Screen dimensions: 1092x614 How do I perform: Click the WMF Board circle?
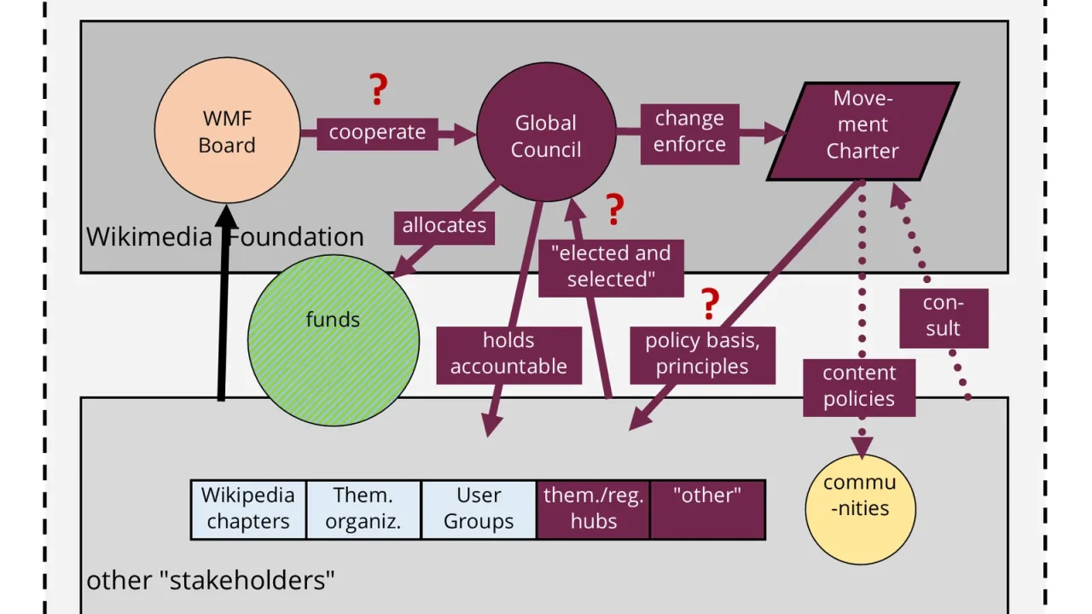pos(227,130)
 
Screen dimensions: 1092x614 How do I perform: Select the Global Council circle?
pos(546,131)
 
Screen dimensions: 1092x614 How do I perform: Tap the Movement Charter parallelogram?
pos(863,131)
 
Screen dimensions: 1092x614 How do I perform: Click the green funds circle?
pos(334,340)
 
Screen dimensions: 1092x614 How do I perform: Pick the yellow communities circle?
pos(861,509)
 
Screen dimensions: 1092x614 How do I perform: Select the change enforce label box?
pos(690,134)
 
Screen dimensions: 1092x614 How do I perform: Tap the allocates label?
pos(444,228)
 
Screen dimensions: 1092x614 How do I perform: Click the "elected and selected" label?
pos(611,268)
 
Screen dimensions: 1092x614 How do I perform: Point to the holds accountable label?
pos(509,356)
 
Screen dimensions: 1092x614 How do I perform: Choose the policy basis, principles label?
pos(702,356)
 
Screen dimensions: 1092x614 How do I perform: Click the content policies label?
pos(859,388)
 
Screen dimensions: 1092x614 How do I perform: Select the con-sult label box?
pos(944,318)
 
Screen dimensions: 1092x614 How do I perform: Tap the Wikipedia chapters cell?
pos(248,510)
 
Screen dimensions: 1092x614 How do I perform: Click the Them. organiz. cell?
pos(363,510)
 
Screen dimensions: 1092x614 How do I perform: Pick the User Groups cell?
pos(479,510)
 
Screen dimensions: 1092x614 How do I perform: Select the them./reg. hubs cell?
pos(593,510)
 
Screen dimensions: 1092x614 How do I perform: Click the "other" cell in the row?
pos(708,510)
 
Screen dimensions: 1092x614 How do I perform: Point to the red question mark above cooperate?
pos(378,90)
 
